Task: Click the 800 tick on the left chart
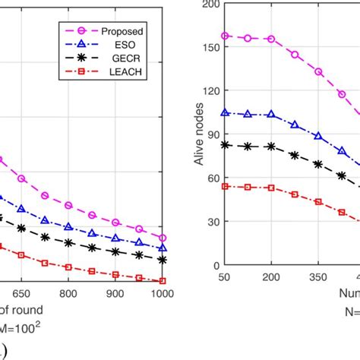pyautogui.click(x=68, y=294)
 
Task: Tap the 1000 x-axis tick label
pyautogui.click(x=160, y=294)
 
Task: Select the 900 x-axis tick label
pyautogui.click(x=115, y=294)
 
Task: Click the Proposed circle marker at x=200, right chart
pyautogui.click(x=271, y=39)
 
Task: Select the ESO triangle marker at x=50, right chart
pyautogui.click(x=224, y=112)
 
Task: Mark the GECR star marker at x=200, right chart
pyautogui.click(x=271, y=146)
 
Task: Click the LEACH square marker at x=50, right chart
pyautogui.click(x=224, y=185)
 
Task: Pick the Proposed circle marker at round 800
pyautogui.click(x=68, y=206)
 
